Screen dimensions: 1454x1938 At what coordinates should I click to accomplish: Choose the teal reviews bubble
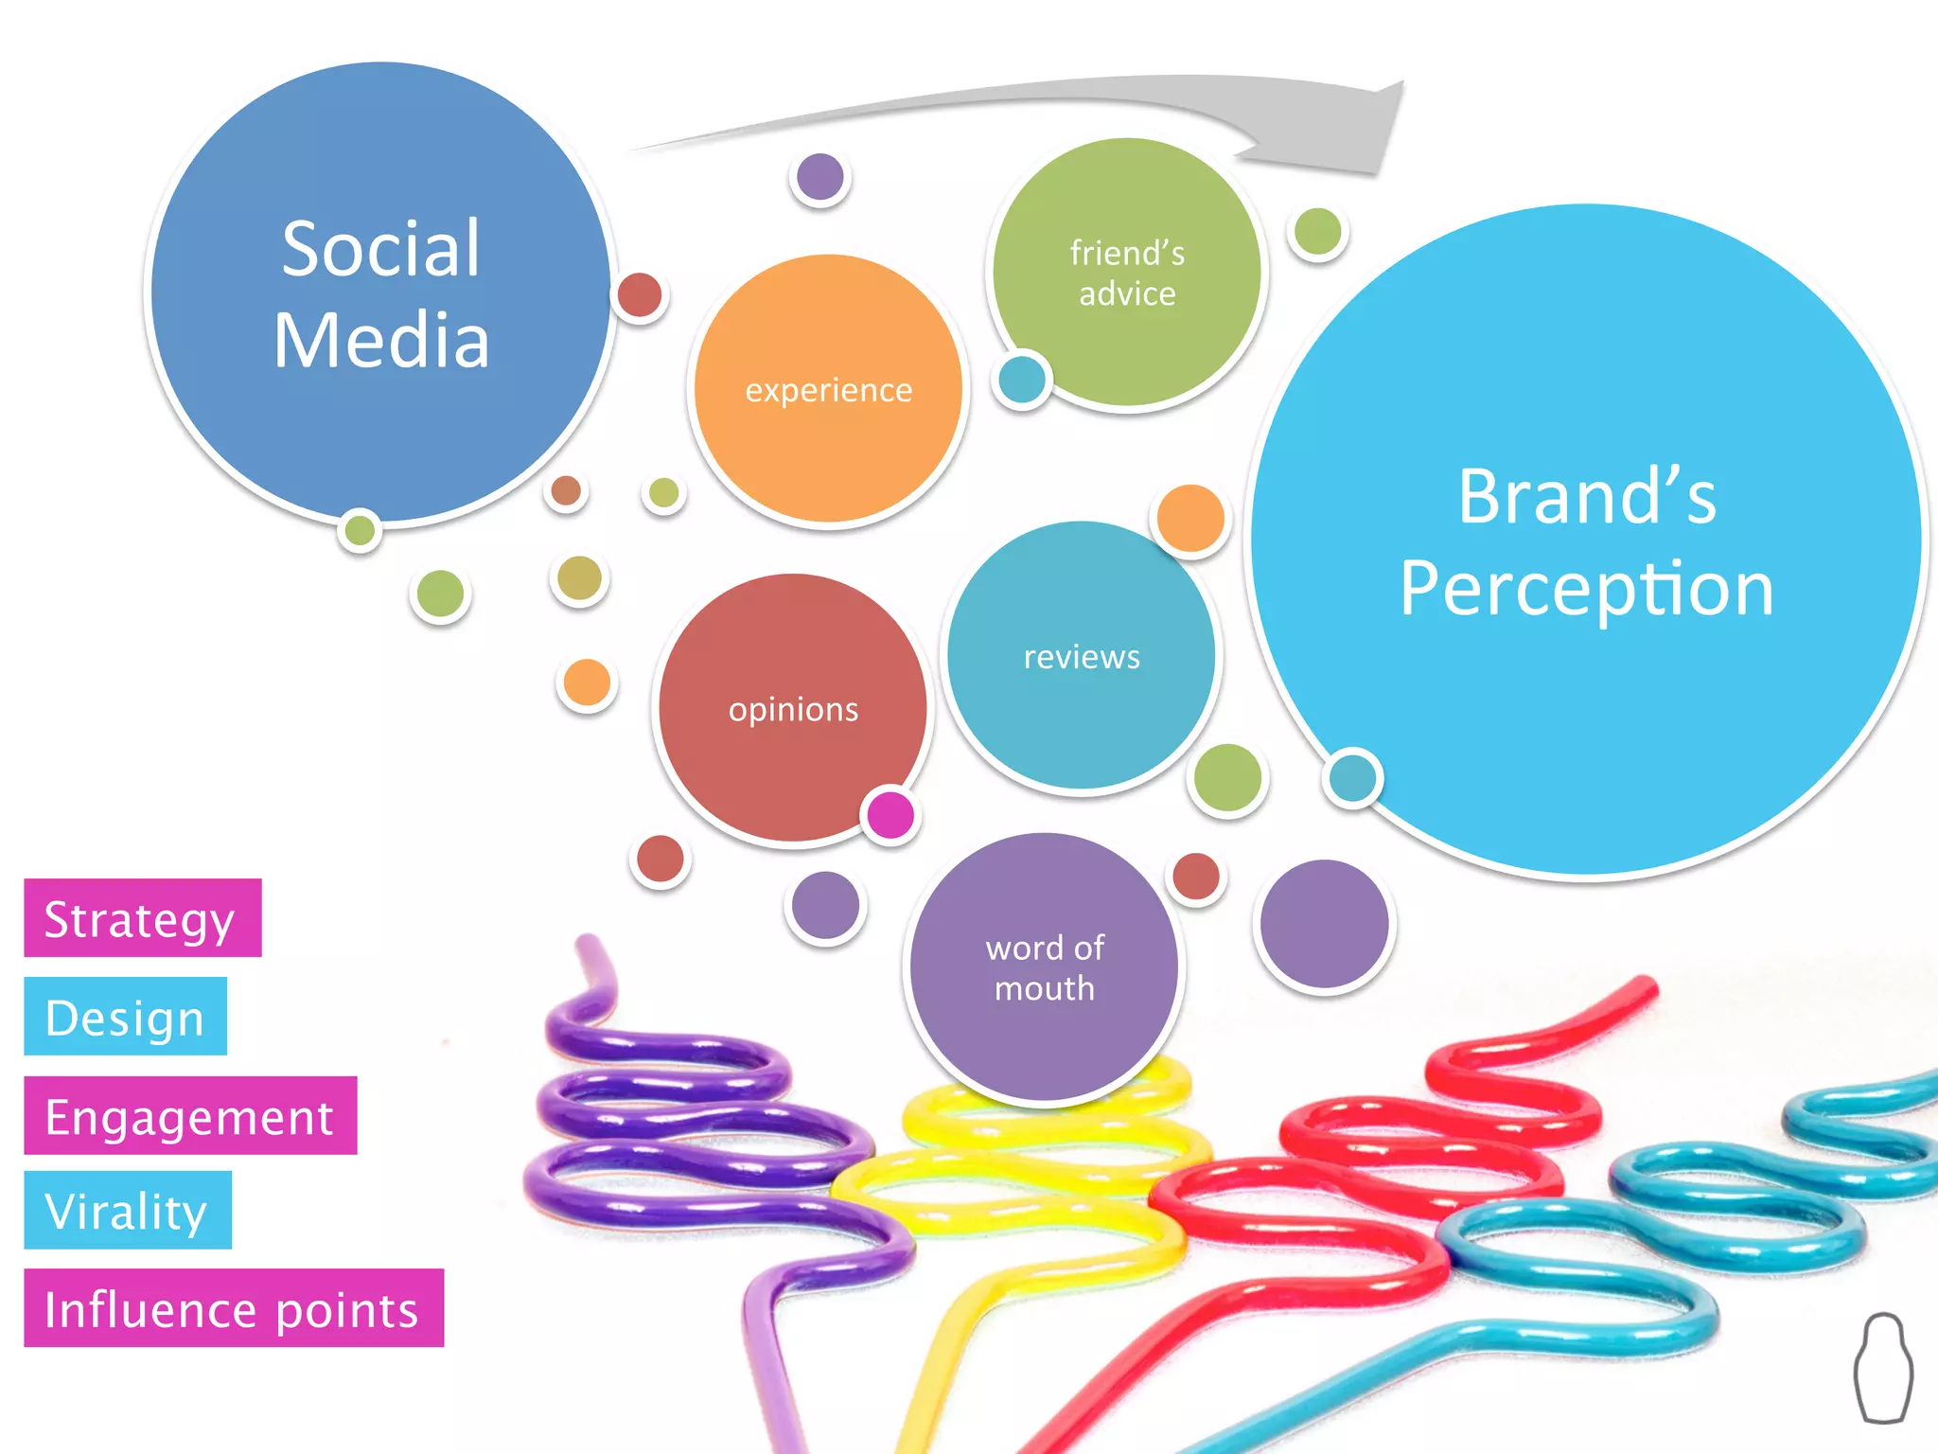pyautogui.click(x=1081, y=655)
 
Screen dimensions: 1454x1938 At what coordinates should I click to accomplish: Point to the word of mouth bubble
pyautogui.click(x=1044, y=966)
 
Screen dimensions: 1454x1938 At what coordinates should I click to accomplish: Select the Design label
pyautogui.click(x=125, y=1017)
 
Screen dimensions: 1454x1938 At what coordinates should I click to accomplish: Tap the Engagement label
pyautogui.click(x=190, y=1116)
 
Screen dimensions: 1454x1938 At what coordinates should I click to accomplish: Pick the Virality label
pyautogui.click(x=127, y=1211)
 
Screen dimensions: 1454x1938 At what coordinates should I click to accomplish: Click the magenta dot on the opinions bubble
pyautogui.click(x=890, y=813)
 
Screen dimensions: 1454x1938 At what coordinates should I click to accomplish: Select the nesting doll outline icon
pyautogui.click(x=1882, y=1367)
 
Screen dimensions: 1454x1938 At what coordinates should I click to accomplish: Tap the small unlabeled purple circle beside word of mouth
pyautogui.click(x=1324, y=924)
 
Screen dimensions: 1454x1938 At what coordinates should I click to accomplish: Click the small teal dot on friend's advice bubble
pyautogui.click(x=1022, y=380)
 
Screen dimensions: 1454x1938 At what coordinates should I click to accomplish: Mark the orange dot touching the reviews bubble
pyautogui.click(x=1190, y=518)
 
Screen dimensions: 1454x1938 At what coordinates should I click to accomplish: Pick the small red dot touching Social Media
pyautogui.click(x=640, y=294)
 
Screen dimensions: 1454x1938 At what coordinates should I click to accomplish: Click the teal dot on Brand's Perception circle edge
pyautogui.click(x=1352, y=777)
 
